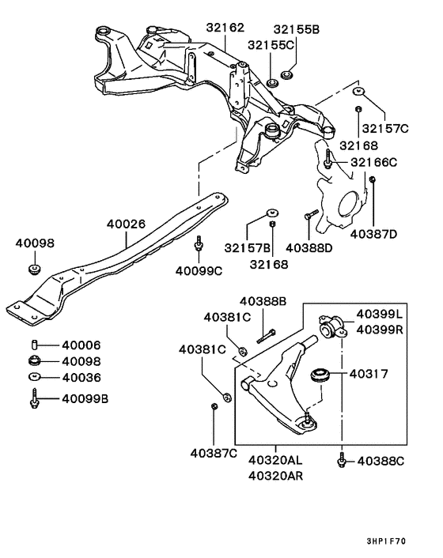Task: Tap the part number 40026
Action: click(127, 224)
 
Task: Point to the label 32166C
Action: click(374, 162)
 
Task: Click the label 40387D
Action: click(374, 233)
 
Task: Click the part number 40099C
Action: click(199, 271)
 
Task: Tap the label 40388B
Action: click(263, 301)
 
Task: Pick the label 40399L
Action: click(379, 314)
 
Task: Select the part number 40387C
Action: click(214, 453)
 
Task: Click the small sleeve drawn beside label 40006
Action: click(35, 345)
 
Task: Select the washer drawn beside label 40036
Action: click(35, 377)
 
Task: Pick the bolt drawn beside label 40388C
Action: click(341, 459)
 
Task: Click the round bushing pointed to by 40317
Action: click(321, 374)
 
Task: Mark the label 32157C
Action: click(385, 127)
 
